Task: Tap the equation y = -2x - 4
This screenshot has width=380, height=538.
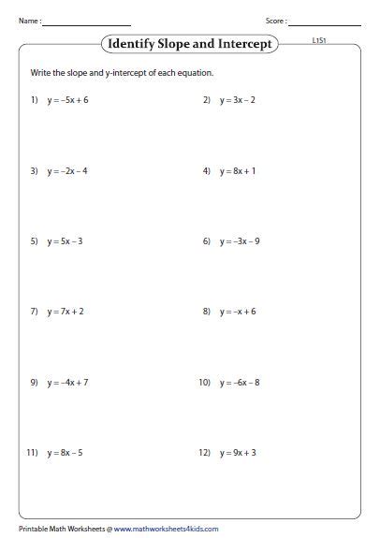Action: point(67,171)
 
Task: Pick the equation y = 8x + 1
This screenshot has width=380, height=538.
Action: point(239,171)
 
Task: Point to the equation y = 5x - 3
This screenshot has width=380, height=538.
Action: point(66,241)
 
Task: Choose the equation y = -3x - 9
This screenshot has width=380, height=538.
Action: point(241,241)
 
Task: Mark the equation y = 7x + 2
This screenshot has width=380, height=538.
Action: point(66,312)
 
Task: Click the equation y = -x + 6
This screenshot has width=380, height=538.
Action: point(238,312)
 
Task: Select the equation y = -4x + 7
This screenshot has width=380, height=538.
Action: point(67,382)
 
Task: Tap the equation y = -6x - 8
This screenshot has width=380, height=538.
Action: point(241,382)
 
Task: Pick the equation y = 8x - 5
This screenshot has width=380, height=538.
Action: point(66,453)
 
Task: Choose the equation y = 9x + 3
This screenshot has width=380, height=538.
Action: point(239,453)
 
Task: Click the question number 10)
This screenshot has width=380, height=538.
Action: point(204,382)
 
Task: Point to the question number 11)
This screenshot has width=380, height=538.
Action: point(31,453)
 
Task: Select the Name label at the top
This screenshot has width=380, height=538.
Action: point(29,20)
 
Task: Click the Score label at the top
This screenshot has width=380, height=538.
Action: point(276,20)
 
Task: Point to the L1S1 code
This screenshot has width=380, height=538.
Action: point(318,41)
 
